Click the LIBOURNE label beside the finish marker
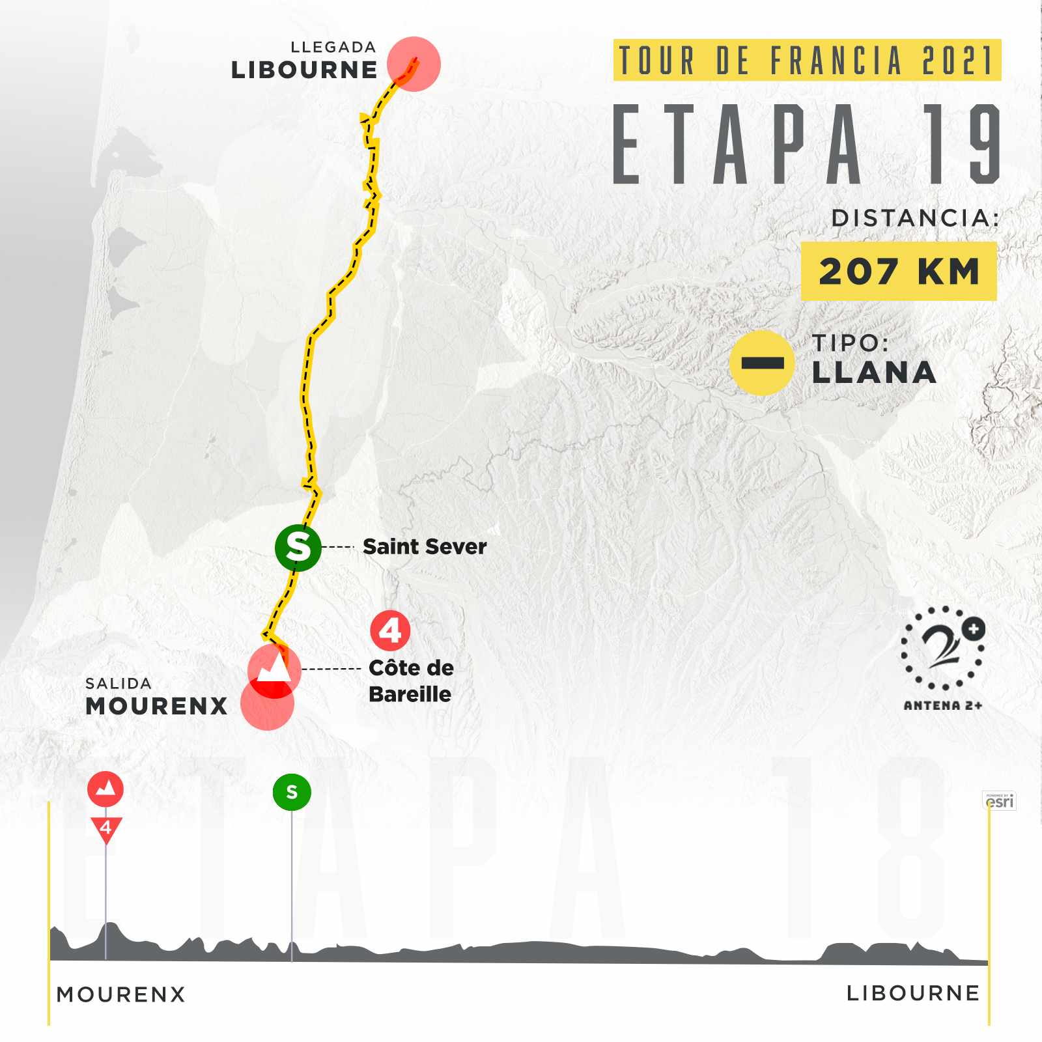pos(304,70)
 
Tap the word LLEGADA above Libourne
pos(333,47)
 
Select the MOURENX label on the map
pos(156,706)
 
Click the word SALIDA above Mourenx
pos(119,683)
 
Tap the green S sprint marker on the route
pos(298,547)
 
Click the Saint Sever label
pos(425,546)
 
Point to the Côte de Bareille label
pos(411,681)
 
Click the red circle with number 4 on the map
pos(390,630)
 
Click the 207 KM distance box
pos(899,271)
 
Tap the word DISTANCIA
pos(915,218)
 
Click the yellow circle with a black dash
pos(762,363)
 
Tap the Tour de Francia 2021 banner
pos(807,60)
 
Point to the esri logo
pos(999,800)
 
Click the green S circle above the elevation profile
pos(292,792)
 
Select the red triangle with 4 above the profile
pos(106,830)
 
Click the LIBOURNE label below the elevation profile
pos(913,993)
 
